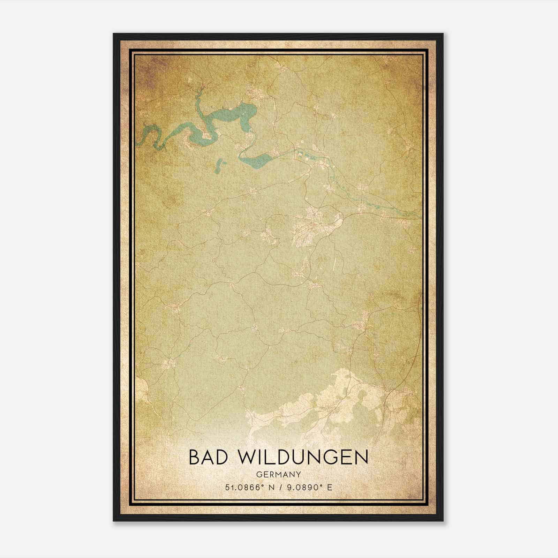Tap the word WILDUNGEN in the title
coord(303,457)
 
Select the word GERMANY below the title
coord(278,474)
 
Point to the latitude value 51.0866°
coord(243,487)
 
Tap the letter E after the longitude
coord(330,487)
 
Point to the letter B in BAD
coord(195,457)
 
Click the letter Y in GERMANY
coord(298,474)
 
